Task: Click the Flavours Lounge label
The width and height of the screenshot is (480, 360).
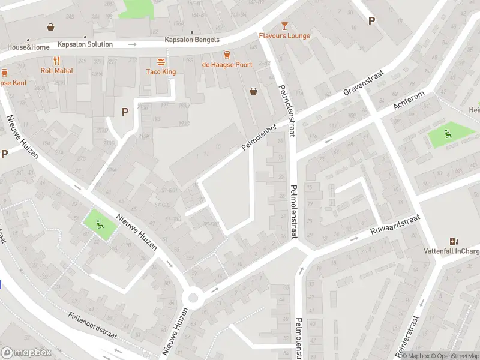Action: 284,36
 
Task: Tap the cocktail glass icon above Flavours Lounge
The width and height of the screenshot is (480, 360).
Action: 284,26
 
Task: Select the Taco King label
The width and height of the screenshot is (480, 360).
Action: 161,72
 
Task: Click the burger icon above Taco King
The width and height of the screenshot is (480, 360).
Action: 161,62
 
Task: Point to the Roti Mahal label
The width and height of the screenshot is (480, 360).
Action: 56,70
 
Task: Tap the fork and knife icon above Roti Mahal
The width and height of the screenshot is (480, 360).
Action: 56,60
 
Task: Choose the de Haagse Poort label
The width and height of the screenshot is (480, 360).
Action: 227,65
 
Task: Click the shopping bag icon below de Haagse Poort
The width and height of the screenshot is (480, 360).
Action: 254,91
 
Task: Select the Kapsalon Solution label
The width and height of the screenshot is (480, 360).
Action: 85,44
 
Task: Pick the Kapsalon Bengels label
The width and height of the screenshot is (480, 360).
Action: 191,40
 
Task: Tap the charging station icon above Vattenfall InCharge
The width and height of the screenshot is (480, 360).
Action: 454,241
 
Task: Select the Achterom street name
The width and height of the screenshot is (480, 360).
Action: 409,101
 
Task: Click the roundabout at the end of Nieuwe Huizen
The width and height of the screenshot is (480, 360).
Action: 193,297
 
